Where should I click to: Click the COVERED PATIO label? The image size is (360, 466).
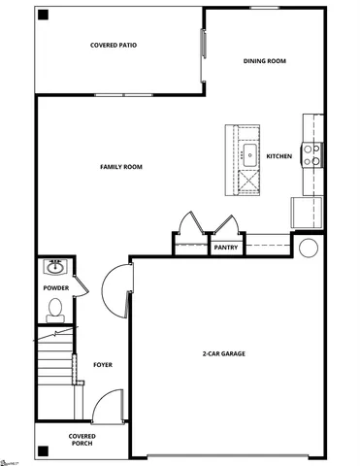tap(113, 45)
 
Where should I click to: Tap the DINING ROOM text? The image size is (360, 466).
tap(264, 61)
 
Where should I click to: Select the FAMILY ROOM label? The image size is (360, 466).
tap(121, 167)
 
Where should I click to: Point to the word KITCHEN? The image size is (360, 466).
tap(279, 156)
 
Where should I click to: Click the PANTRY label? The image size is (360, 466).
tap(226, 248)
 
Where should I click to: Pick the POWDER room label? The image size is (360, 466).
tap(55, 288)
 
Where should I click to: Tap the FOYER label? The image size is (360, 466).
tap(103, 365)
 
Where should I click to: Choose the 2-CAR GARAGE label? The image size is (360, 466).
tap(223, 353)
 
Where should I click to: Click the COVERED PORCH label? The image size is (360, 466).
tap(82, 441)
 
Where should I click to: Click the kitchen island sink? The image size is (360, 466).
tap(248, 152)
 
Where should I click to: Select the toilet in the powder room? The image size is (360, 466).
tap(55, 311)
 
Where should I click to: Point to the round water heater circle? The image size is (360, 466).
tap(309, 248)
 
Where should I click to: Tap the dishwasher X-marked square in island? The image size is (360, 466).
tap(248, 180)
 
